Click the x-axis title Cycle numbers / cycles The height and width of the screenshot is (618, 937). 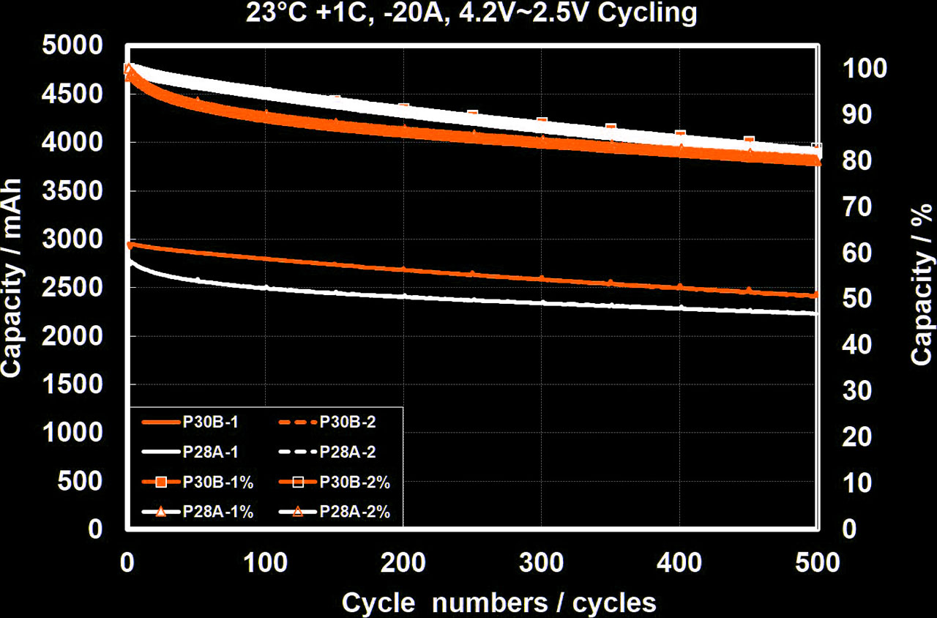[x=499, y=602]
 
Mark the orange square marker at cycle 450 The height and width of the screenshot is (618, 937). [x=749, y=141]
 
